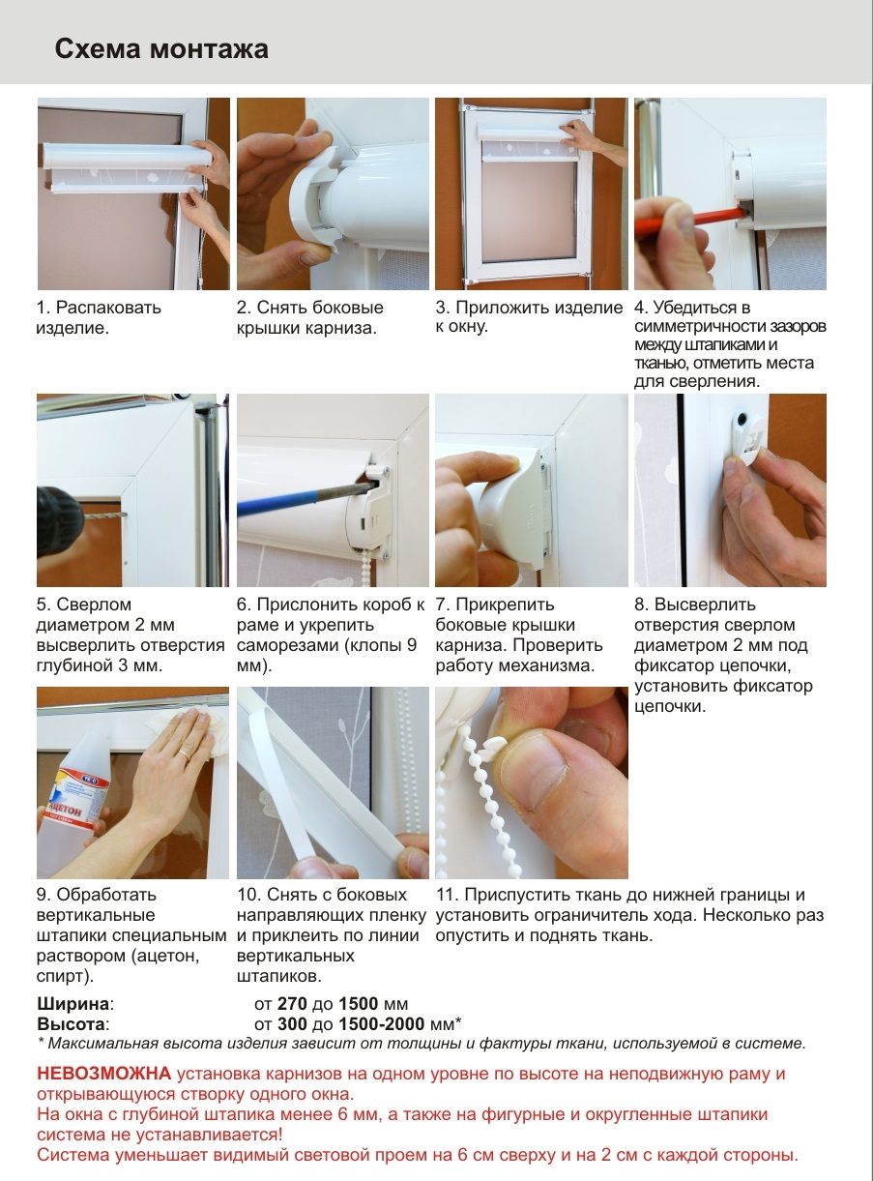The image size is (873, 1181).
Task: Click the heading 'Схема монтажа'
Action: tap(161, 49)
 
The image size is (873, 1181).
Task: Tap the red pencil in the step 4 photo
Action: tap(692, 218)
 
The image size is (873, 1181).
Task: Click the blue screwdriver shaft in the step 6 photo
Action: tap(304, 497)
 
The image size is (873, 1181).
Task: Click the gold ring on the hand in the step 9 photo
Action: tap(183, 753)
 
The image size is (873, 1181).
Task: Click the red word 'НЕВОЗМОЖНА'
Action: tap(104, 1073)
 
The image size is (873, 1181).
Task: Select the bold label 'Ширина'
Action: tap(73, 1003)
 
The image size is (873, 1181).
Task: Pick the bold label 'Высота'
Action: tap(72, 1024)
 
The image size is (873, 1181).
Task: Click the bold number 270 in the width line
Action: tap(292, 1004)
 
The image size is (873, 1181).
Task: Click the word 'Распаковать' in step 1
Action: tap(108, 308)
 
